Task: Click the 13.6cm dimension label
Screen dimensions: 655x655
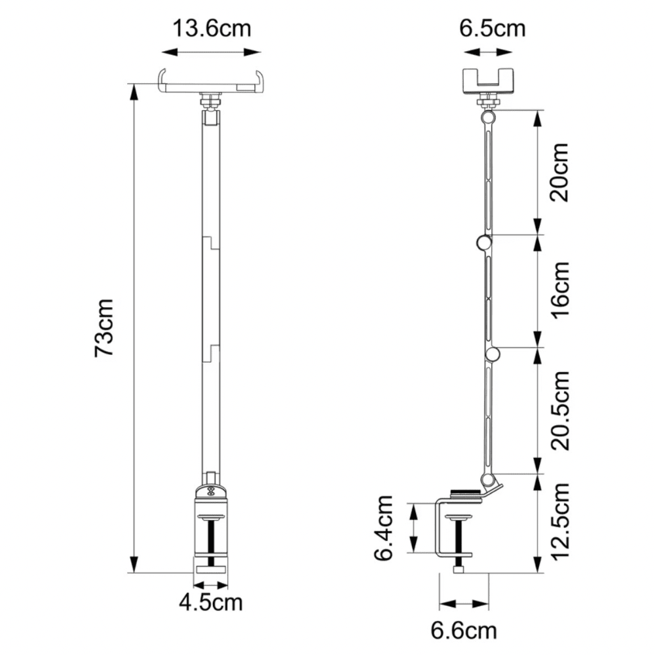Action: [212, 28]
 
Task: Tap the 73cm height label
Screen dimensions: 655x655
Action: [103, 327]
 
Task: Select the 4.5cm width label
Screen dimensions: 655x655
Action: [211, 603]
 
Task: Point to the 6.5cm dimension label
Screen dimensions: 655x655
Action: [493, 28]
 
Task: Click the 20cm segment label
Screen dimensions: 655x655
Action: [560, 172]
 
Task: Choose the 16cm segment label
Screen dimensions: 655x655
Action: [560, 290]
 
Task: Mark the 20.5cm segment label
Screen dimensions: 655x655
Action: [560, 410]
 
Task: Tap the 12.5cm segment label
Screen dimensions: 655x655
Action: [560, 521]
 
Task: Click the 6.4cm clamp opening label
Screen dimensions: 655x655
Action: [383, 528]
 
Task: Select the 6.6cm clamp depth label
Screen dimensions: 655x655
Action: [464, 631]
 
